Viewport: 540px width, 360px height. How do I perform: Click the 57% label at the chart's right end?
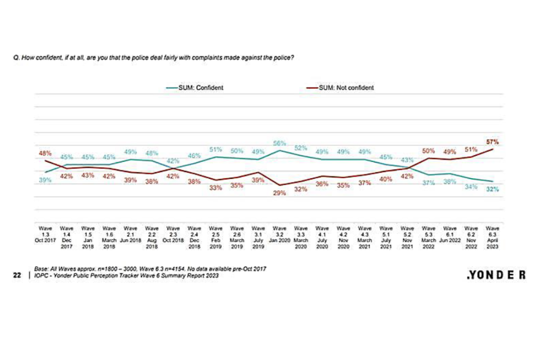coord(493,142)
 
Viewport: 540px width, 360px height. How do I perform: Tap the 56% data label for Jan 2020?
coord(280,143)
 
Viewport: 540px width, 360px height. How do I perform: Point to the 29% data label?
coord(280,192)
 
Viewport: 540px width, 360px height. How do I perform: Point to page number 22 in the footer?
coord(17,276)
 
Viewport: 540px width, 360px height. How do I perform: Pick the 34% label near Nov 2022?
coord(471,187)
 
